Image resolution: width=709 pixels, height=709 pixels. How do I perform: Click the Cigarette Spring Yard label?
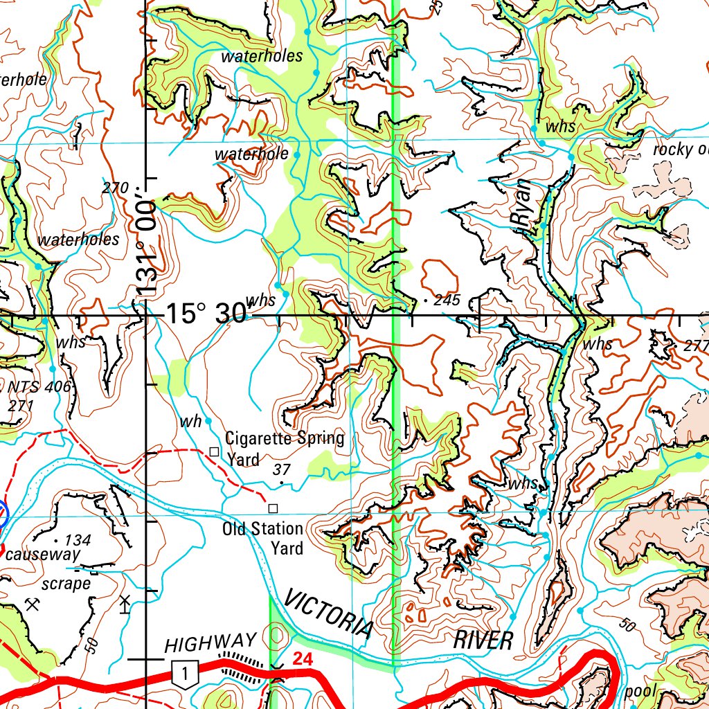(284, 449)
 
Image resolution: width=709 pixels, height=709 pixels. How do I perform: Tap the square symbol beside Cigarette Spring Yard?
(214, 451)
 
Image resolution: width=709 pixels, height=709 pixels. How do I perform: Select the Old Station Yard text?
(262, 539)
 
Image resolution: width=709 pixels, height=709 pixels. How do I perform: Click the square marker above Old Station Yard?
(273, 508)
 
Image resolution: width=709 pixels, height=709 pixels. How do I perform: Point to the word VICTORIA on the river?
(328, 613)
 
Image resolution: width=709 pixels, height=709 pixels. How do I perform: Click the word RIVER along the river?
(483, 640)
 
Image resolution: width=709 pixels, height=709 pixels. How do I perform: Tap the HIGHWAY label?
(210, 644)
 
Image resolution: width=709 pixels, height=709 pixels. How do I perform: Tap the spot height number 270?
(115, 187)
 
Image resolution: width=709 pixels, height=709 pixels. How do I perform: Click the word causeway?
(42, 555)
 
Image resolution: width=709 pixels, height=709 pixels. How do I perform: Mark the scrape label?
(66, 584)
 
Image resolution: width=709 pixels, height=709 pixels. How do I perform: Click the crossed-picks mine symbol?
(31, 604)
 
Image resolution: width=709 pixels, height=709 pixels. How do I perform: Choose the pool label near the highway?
(640, 691)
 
